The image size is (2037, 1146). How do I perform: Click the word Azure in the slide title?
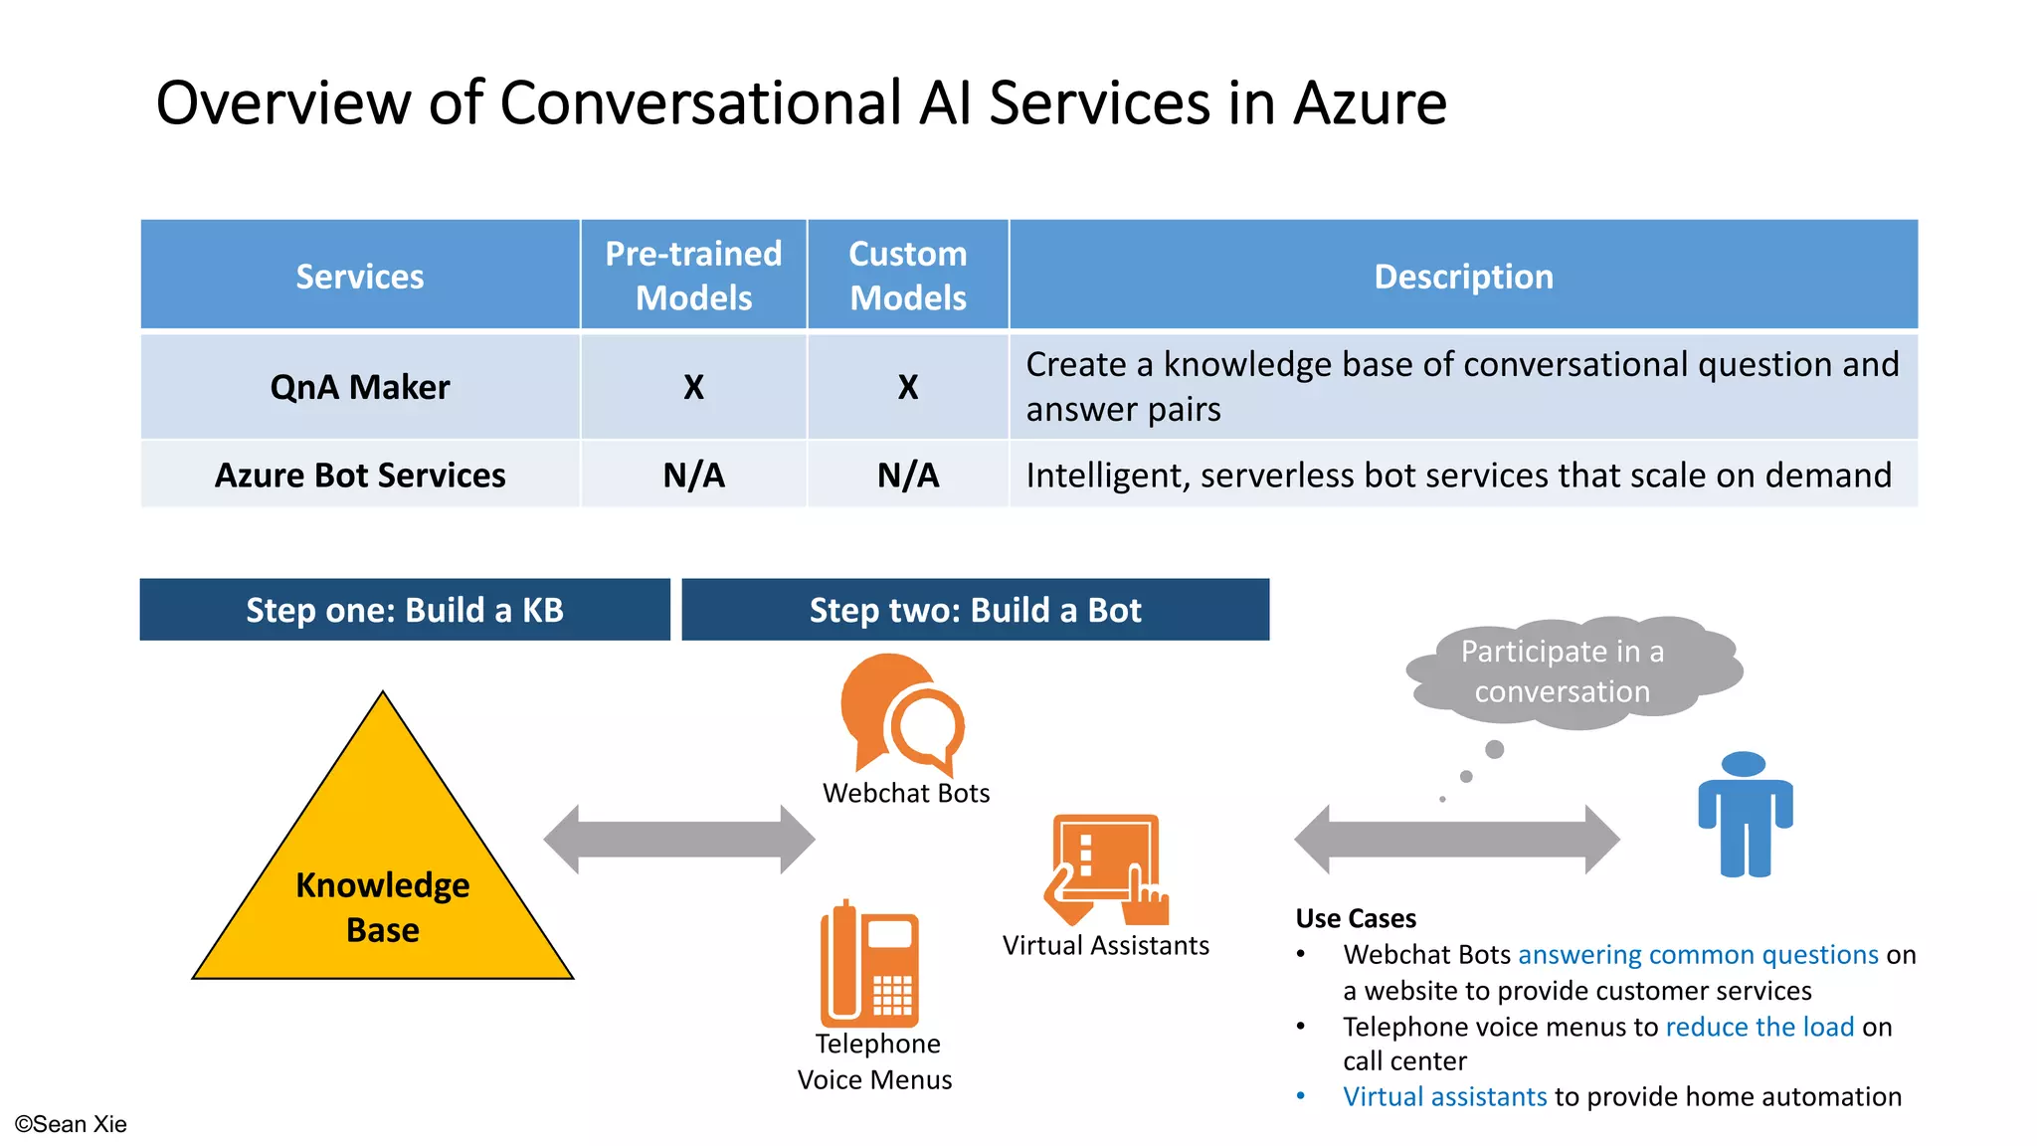(1369, 103)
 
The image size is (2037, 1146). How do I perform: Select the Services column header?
(359, 276)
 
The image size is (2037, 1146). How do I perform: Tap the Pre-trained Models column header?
(693, 276)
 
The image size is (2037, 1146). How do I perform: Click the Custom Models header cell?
(907, 276)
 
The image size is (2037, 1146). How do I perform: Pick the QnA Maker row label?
(359, 387)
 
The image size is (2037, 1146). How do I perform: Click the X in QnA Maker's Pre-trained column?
(693, 387)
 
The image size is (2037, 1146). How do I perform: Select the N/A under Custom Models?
(907, 476)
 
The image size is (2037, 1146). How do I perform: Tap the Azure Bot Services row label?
(359, 476)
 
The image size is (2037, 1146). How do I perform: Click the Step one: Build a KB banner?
(405, 610)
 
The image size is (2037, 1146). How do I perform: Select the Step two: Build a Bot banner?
(975, 610)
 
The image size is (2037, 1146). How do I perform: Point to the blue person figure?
(1745, 816)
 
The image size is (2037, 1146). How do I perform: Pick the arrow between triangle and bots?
(679, 840)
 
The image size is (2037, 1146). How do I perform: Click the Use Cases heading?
(1356, 918)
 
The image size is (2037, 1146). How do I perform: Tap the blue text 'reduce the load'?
(1759, 1027)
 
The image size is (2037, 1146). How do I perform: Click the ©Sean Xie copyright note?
(71, 1124)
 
